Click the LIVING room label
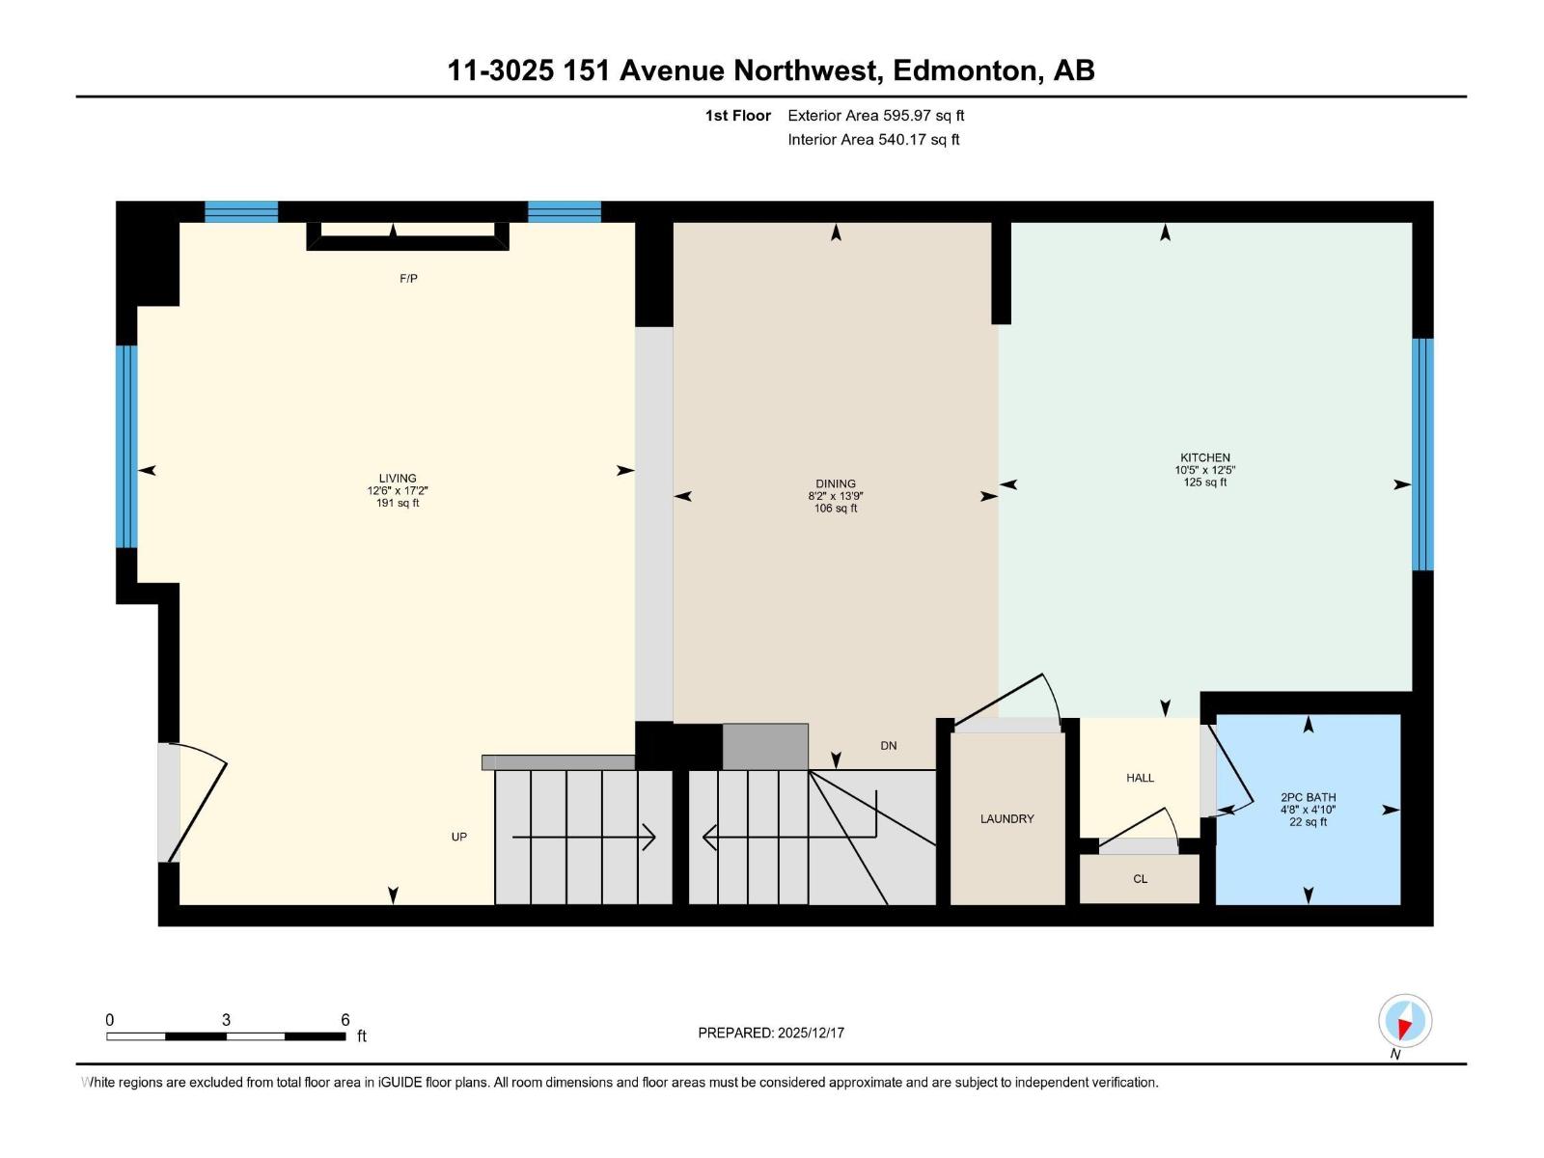(397, 478)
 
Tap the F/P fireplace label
(408, 279)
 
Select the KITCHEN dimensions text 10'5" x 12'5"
(1204, 470)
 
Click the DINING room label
(835, 483)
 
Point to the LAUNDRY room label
(1006, 818)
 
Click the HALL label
(1140, 778)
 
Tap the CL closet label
(1140, 879)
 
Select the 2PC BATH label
(1308, 797)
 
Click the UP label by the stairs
(459, 837)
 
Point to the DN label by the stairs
(889, 746)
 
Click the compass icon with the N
(1404, 1020)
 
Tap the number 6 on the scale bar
(345, 1020)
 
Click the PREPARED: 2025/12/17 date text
(771, 1033)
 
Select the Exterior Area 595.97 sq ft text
(875, 116)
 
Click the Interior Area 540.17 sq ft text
(873, 140)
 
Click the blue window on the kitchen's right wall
(1422, 454)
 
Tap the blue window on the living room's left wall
(126, 446)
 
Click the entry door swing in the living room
(198, 801)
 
